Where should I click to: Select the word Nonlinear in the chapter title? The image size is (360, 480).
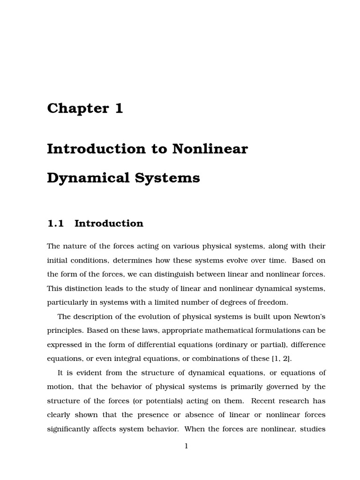[210, 149]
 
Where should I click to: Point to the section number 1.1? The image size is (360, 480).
[55, 224]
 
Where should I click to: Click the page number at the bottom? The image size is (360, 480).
[186, 446]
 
